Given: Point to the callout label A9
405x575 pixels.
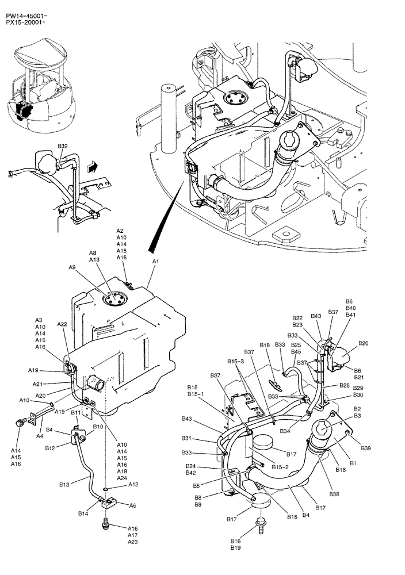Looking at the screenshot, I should point(72,267).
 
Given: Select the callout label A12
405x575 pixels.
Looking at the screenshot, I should point(133,484).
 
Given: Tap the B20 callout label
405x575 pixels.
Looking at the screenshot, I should point(364,343).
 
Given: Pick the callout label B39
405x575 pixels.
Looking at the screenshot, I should point(365,448).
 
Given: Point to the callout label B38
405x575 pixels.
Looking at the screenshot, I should point(334,494).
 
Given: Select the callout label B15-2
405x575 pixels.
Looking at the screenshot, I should point(281,466).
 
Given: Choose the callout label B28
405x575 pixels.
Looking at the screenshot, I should point(344,385).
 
